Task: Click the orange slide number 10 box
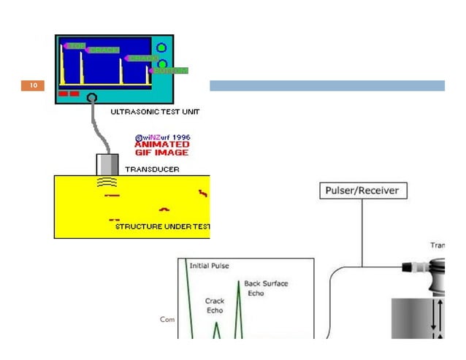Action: click(x=33, y=86)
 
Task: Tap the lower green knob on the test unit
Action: click(x=162, y=64)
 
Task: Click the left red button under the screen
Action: click(x=63, y=93)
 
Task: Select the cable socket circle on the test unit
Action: click(x=91, y=97)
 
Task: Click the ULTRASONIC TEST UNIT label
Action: click(x=155, y=112)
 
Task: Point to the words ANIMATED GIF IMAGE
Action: click(x=161, y=148)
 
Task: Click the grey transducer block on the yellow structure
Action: click(x=107, y=164)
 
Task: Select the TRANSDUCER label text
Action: click(x=152, y=169)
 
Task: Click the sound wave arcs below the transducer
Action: click(x=107, y=183)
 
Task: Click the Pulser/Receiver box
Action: click(x=363, y=191)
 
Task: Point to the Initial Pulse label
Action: click(x=209, y=266)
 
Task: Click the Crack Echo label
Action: click(x=215, y=305)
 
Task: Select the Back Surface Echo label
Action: click(x=266, y=288)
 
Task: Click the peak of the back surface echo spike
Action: click(x=237, y=282)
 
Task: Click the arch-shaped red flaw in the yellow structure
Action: click(x=164, y=209)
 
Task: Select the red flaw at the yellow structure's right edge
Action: click(x=202, y=193)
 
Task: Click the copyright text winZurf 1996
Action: click(x=162, y=137)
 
